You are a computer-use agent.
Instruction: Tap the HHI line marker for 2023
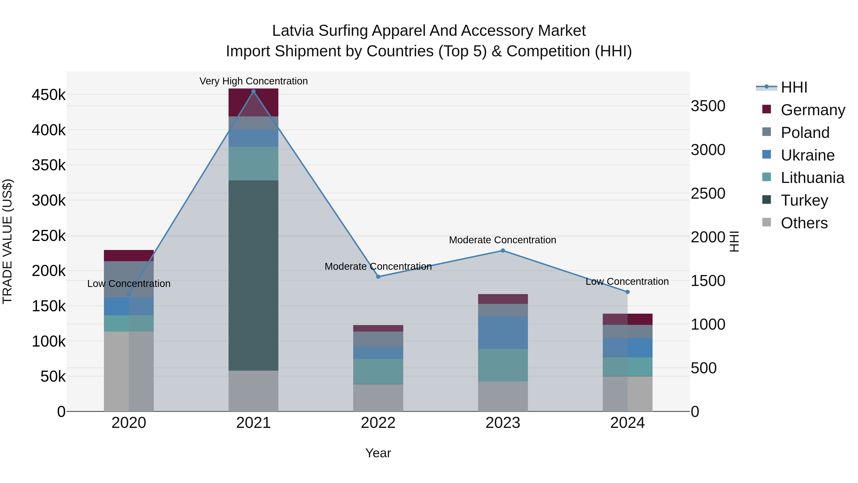[x=503, y=251]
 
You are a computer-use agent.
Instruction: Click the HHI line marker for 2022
[x=378, y=277]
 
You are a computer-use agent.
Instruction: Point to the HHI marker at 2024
[x=628, y=292]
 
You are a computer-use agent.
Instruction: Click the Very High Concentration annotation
[x=254, y=81]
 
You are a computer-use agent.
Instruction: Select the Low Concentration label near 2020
[x=129, y=284]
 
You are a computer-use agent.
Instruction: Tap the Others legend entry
[x=804, y=223]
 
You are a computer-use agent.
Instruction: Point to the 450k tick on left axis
[x=49, y=95]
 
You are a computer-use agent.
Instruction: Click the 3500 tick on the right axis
[x=708, y=106]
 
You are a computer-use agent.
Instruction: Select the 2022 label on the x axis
[x=378, y=423]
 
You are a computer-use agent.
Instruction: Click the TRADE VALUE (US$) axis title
[x=7, y=241]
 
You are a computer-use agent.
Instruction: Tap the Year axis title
[x=378, y=453]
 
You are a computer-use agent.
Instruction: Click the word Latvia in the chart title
[x=293, y=31]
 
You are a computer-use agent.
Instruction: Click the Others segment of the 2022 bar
[x=378, y=398]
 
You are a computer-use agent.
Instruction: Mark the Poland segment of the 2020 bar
[x=129, y=279]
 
